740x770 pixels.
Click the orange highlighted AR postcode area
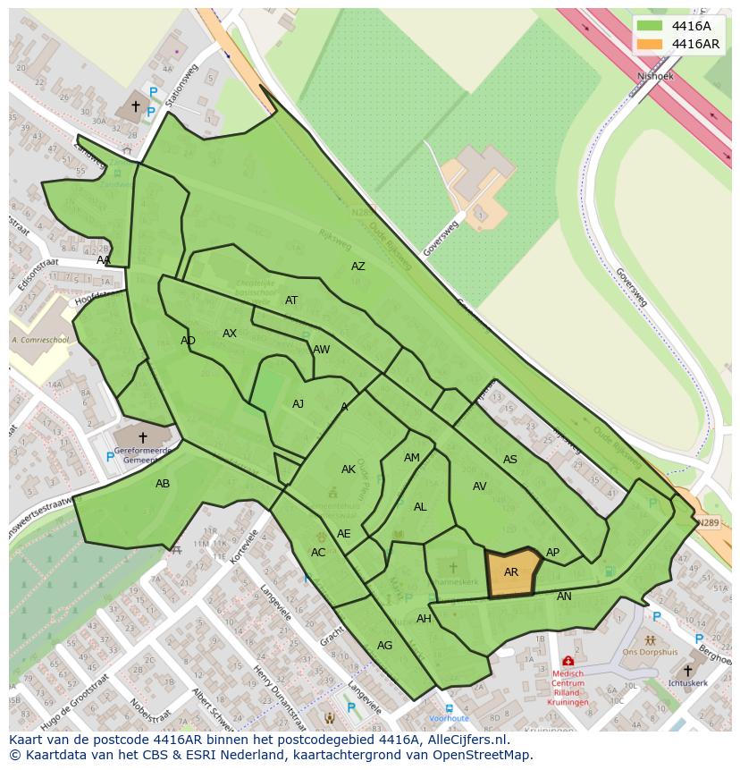(512, 572)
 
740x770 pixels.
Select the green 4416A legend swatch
(651, 26)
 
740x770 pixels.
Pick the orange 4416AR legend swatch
(651, 44)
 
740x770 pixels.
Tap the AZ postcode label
(358, 267)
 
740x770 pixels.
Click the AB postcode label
(163, 484)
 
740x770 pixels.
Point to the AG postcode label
(385, 645)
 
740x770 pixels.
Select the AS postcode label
(510, 460)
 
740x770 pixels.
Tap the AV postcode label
(480, 487)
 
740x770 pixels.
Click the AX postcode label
(230, 334)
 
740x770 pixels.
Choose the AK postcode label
(349, 470)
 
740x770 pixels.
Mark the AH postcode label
(424, 619)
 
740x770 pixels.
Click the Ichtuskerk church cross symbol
(687, 671)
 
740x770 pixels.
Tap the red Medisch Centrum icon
(568, 661)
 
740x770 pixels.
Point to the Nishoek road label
(655, 77)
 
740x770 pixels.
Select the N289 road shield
(707, 522)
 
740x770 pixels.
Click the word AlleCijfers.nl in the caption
(464, 740)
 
